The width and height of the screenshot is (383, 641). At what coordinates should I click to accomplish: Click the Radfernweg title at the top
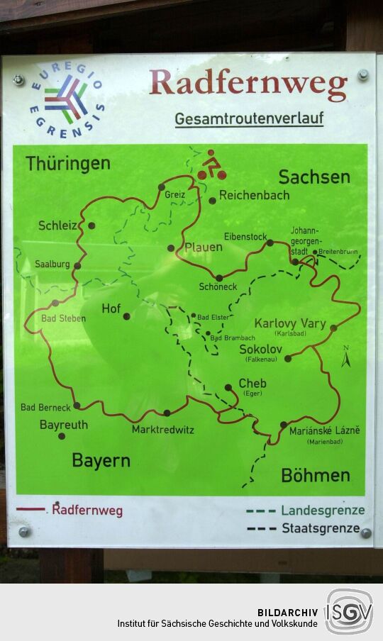click(x=248, y=84)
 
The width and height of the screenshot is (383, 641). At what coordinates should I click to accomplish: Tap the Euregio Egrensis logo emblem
click(x=67, y=99)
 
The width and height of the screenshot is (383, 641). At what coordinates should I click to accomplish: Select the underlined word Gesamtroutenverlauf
click(x=249, y=119)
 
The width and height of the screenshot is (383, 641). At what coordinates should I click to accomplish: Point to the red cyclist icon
click(x=211, y=165)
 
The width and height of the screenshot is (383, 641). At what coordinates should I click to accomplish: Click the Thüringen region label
click(x=68, y=164)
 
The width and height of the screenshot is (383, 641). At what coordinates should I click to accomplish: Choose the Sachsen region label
click(x=314, y=177)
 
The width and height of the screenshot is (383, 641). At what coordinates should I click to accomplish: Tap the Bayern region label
click(x=101, y=460)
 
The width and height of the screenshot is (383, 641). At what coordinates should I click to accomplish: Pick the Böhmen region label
click(x=316, y=475)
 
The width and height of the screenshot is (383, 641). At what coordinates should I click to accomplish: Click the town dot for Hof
click(x=127, y=316)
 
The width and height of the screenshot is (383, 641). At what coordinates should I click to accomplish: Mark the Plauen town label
click(x=204, y=247)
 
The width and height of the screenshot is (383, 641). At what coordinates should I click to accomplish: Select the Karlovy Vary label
click(x=290, y=323)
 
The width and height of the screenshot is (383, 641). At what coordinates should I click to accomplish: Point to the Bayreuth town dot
click(x=61, y=436)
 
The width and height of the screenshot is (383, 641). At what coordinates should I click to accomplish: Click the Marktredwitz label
click(x=162, y=430)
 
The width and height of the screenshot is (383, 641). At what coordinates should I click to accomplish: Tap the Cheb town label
click(x=252, y=384)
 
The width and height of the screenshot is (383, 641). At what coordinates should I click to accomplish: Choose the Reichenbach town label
click(x=254, y=195)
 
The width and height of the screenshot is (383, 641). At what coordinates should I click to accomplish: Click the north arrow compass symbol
click(x=346, y=357)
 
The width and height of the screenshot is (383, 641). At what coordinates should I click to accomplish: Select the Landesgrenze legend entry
click(x=323, y=510)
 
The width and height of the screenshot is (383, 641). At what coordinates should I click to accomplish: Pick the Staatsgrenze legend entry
click(x=321, y=528)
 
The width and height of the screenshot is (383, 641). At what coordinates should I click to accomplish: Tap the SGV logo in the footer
click(x=348, y=611)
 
